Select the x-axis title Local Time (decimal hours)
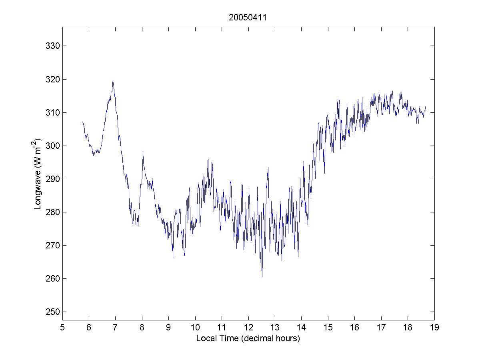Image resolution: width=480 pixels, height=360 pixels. click(x=248, y=338)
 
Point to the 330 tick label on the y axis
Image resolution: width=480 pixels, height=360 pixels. click(x=53, y=46)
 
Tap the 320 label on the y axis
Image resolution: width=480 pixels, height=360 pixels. click(x=53, y=79)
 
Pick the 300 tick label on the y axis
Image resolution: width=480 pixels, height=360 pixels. click(x=53, y=146)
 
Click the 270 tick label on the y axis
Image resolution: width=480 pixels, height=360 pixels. click(x=53, y=245)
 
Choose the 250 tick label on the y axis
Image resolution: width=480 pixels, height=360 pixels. click(x=53, y=312)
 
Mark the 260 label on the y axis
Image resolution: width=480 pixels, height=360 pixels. click(x=53, y=278)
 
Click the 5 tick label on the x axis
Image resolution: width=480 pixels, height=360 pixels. click(x=62, y=328)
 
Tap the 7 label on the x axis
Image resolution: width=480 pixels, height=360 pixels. click(x=116, y=328)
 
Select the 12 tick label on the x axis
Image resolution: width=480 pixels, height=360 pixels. click(x=248, y=328)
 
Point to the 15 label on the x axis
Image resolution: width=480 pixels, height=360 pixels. click(x=328, y=328)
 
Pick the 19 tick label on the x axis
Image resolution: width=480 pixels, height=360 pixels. click(x=434, y=328)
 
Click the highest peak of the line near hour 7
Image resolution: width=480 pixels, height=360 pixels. click(x=113, y=80)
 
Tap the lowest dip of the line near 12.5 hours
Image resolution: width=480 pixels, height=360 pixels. click(x=262, y=276)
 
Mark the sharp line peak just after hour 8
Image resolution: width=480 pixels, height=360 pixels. click(x=143, y=151)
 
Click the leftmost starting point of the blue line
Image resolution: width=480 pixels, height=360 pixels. click(x=82, y=122)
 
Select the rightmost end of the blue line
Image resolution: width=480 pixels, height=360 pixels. click(x=426, y=110)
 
